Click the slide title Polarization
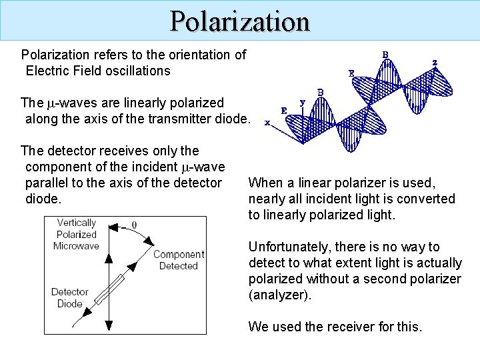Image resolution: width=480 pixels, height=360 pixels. [x=240, y=21]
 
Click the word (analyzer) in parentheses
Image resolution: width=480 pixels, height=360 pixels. [x=279, y=295]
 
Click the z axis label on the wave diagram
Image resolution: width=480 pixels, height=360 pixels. [x=435, y=63]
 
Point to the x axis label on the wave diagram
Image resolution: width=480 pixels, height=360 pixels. [x=267, y=122]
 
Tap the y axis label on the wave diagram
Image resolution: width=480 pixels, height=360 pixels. [x=303, y=102]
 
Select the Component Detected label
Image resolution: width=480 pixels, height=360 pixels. [x=179, y=260]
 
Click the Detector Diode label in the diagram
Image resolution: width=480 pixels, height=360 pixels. [x=69, y=298]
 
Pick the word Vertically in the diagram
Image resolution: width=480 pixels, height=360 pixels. [x=76, y=223]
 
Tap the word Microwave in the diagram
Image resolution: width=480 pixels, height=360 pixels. [x=76, y=246]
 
